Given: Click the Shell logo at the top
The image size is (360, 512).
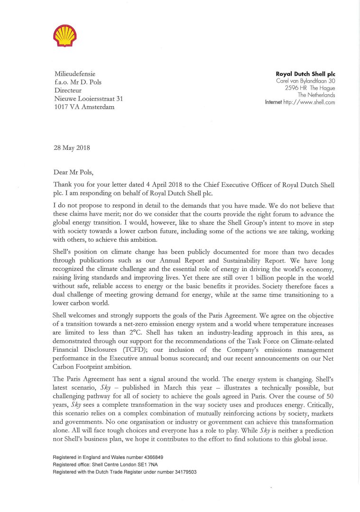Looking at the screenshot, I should (x=65, y=36).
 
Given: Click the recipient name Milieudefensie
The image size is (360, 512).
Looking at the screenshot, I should (x=75, y=74).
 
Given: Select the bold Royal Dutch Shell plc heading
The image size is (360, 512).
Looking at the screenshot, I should (x=306, y=74).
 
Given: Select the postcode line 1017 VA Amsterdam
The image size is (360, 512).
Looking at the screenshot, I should (x=84, y=107).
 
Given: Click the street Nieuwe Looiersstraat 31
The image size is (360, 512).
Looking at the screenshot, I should (x=89, y=99).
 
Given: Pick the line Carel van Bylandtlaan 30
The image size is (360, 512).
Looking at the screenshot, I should (x=306, y=82).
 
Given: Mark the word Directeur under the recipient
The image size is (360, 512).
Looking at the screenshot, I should (x=68, y=90).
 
